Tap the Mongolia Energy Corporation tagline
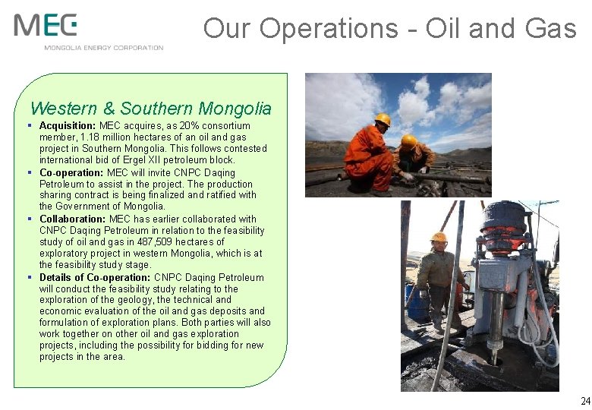[x=103, y=48]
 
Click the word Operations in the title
[x=329, y=29]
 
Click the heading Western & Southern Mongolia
[x=150, y=109]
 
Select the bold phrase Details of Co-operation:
[x=95, y=277]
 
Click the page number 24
[x=584, y=401]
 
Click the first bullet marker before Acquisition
[x=28, y=125]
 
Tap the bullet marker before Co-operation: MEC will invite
[x=28, y=172]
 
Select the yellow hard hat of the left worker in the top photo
[x=383, y=119]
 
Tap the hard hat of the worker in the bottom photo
[x=439, y=237]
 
